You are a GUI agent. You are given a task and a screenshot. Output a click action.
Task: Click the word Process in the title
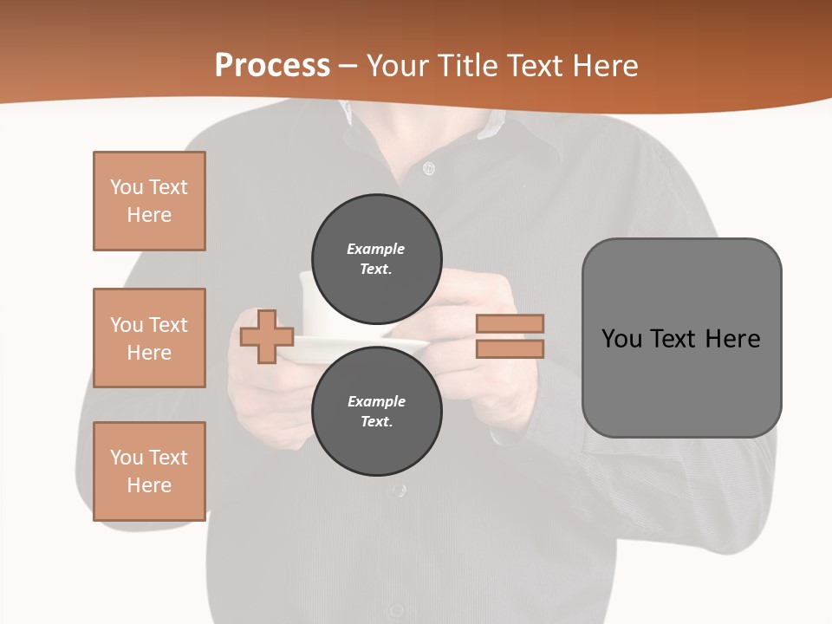(x=272, y=66)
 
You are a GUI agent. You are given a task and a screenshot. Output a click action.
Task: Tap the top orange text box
(x=149, y=201)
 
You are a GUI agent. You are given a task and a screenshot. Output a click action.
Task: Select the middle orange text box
(x=149, y=338)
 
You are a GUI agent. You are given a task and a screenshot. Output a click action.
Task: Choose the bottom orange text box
(x=149, y=471)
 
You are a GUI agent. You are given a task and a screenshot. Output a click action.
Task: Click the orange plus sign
(x=267, y=335)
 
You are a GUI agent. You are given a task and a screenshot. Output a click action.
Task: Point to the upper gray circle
(x=376, y=258)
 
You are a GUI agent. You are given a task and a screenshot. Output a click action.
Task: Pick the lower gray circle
(x=376, y=411)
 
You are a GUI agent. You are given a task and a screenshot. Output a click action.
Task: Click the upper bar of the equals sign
(x=510, y=323)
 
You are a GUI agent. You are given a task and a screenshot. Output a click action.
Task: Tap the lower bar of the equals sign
(x=510, y=349)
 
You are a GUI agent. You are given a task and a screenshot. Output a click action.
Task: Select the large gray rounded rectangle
(x=681, y=338)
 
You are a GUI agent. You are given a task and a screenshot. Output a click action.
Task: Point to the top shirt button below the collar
(x=428, y=168)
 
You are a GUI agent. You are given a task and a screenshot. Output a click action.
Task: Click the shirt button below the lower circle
(x=399, y=491)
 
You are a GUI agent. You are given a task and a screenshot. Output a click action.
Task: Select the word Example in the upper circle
(x=375, y=249)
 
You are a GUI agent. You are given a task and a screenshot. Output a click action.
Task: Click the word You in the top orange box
(x=127, y=187)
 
